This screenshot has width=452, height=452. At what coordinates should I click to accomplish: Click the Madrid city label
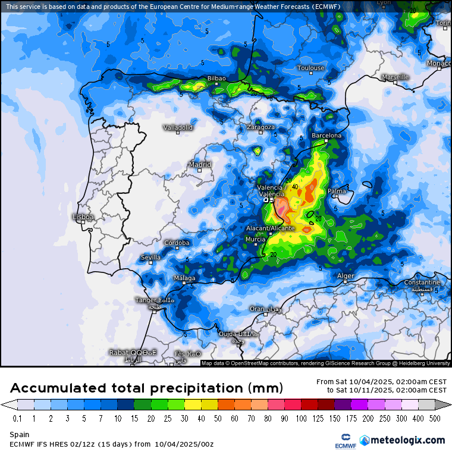200,164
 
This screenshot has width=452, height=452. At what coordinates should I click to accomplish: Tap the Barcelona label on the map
327,136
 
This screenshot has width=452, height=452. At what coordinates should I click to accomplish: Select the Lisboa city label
83,217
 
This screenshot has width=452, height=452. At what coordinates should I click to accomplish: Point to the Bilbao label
216,79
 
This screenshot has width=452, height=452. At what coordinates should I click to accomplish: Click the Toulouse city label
311,68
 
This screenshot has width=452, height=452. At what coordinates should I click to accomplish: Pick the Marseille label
395,77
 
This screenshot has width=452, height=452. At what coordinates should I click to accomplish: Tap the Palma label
337,191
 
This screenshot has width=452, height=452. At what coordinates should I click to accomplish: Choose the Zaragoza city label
261,127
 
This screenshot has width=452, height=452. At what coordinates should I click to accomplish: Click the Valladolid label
178,127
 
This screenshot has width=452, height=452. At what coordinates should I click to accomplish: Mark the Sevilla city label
150,258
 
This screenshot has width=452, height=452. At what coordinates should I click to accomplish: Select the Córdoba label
177,243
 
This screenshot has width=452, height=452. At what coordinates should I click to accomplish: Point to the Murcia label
255,239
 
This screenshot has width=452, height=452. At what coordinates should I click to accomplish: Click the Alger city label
346,276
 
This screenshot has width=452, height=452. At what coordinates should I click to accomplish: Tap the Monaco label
439,63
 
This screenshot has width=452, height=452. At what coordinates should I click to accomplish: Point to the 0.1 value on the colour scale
17,419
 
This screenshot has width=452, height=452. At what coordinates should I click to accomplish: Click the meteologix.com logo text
407,440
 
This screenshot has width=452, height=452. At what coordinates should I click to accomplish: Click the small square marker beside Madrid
200,170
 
